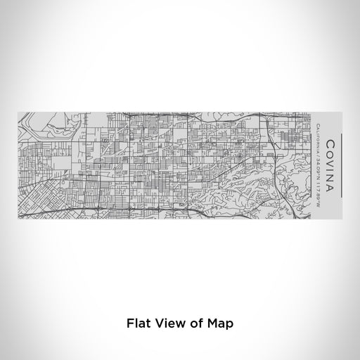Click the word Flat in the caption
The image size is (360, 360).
click(x=138, y=325)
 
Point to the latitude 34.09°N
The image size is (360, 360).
click(x=319, y=159)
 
